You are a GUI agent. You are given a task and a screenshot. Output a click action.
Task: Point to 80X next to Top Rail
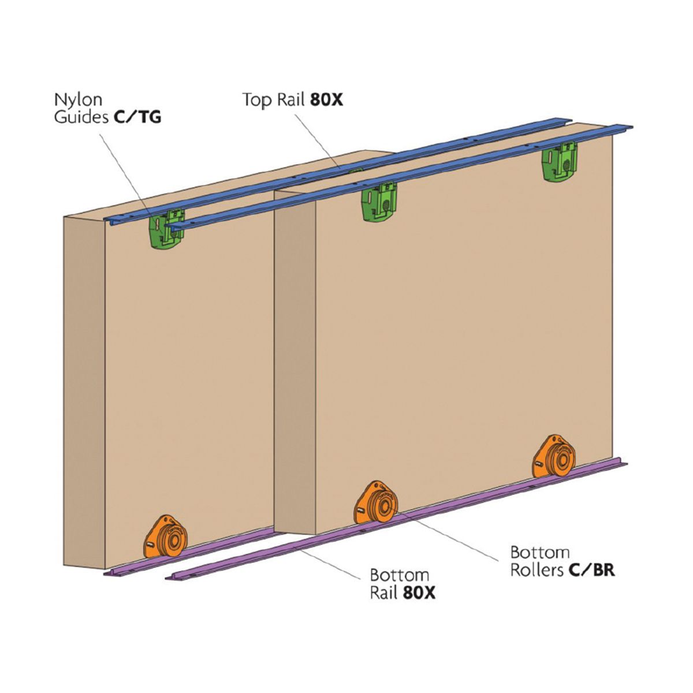point(326,99)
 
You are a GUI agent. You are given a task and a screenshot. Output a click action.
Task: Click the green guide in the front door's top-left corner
point(379,202)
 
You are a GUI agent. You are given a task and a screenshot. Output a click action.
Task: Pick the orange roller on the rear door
point(165,539)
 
